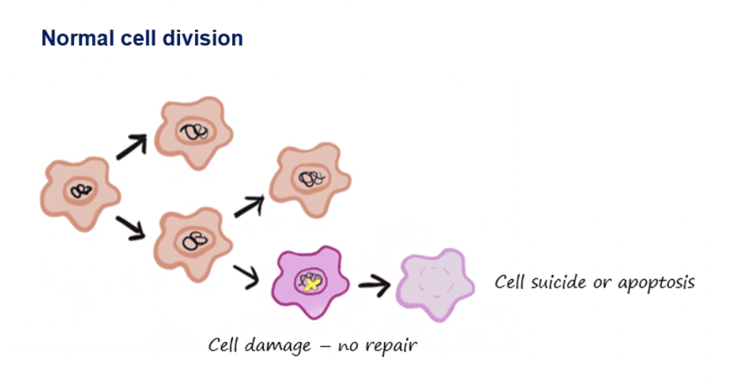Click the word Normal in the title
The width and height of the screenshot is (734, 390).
[78, 38]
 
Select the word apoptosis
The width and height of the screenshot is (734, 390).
[656, 283]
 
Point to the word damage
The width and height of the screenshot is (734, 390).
[278, 347]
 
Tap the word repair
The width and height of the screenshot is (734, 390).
[391, 347]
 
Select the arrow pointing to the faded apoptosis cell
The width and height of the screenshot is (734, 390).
[375, 284]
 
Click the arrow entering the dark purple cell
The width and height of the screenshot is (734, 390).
[246, 275]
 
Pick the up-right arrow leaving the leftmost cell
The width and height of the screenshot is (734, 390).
[131, 146]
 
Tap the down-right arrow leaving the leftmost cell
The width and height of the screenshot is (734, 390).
[131, 228]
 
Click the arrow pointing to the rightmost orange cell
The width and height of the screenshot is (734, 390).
[249, 206]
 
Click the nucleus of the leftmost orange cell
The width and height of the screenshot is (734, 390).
[81, 191]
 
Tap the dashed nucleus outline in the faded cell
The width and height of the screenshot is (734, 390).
[434, 283]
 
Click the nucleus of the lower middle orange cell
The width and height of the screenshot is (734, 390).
[194, 241]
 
